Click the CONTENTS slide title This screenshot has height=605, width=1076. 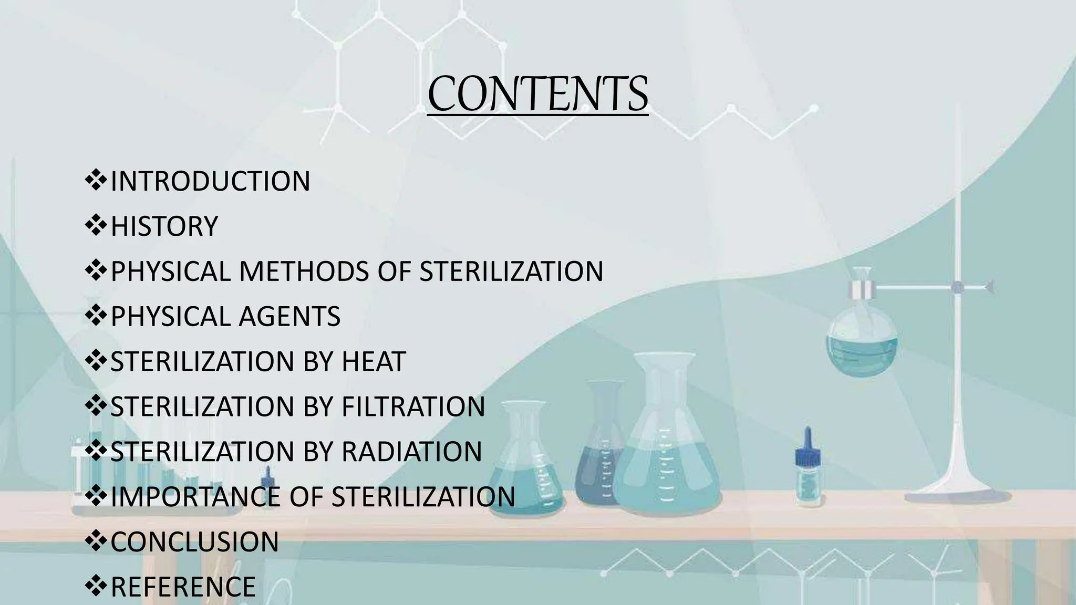point(537,95)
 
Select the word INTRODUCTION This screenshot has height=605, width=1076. point(210,181)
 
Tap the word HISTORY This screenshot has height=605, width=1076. point(164,226)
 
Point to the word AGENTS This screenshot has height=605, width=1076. point(289,317)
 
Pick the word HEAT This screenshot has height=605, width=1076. point(374,362)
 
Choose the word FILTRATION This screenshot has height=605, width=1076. point(413,407)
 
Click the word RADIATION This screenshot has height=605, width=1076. point(411,452)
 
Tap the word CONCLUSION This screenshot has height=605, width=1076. point(194,542)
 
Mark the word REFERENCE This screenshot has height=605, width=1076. point(183,587)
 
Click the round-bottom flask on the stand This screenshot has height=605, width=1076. point(862,344)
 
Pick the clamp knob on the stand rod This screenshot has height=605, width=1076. point(958,287)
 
